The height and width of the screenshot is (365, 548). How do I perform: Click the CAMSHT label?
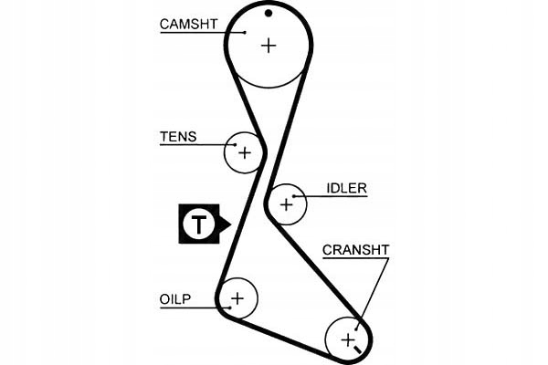pos(189,25)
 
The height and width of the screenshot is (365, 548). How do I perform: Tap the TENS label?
pos(178,137)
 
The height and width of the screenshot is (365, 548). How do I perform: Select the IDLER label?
pos(346,189)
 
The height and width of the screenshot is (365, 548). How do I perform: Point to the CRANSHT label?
pos(356,249)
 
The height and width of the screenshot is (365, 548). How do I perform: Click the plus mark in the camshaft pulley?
pos(268,45)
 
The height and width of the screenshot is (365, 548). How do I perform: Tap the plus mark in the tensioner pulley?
pos(244,152)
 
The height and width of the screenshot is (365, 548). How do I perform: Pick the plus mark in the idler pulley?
pos(287,205)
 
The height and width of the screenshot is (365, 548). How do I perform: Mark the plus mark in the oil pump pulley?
pos(238,297)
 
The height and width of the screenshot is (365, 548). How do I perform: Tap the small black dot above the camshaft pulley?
pos(269,13)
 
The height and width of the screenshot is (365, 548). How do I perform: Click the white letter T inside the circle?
pos(196,223)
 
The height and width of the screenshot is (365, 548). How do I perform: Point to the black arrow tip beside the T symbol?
pos(228,223)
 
